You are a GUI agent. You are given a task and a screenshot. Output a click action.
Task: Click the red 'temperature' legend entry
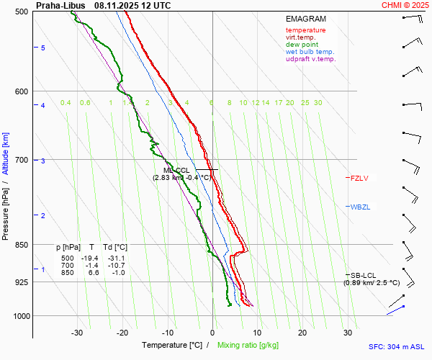305,30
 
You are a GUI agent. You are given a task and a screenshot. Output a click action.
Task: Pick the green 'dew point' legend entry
302,45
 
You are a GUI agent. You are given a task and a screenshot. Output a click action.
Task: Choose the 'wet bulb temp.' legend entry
310,52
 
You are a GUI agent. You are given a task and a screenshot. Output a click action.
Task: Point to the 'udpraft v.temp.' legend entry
310,59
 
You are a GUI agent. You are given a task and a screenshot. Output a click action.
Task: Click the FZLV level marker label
359,178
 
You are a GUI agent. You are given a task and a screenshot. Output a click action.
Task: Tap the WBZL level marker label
360,207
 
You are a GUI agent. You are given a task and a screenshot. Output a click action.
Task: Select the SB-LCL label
361,275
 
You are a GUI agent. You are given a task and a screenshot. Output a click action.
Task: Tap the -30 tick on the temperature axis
77,333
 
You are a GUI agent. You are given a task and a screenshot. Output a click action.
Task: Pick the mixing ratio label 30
318,103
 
